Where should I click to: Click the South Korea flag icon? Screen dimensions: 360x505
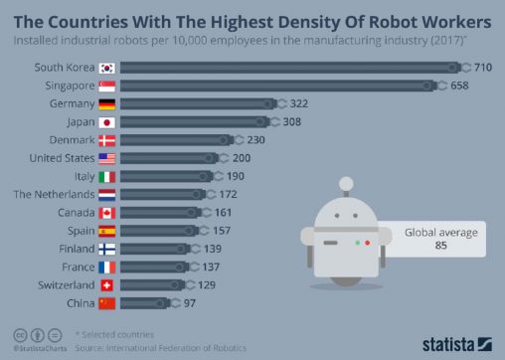point(107,67)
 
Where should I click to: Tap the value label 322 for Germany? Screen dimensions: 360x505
point(299,103)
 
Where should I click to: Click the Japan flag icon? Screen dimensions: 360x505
point(107,121)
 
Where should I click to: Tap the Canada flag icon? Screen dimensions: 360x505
point(107,212)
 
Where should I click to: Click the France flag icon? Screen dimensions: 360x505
point(107,267)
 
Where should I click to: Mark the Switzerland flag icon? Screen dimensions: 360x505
point(107,284)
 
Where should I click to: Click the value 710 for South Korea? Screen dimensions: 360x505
point(483,67)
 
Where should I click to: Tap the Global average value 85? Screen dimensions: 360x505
point(440,248)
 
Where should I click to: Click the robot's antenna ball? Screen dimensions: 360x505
point(345,182)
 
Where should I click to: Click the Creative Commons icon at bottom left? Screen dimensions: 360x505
point(20,335)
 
